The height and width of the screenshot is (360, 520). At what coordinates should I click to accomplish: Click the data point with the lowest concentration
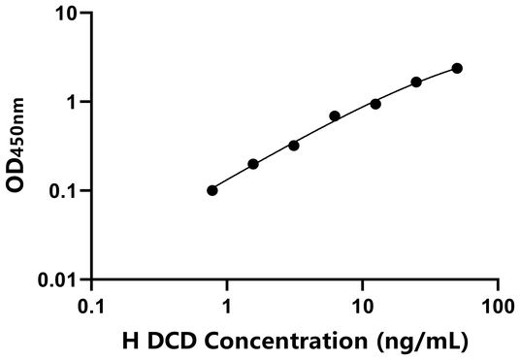point(212,190)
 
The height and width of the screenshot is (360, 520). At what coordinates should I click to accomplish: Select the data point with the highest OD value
point(457,68)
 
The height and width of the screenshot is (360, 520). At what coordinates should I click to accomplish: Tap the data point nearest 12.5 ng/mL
point(375,104)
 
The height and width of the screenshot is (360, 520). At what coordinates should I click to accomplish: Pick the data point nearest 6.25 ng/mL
point(335,116)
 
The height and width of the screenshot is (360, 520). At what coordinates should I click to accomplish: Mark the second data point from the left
point(253,164)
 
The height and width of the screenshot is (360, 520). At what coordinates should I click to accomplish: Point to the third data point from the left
point(294,145)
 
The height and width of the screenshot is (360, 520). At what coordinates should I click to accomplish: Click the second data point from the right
point(416,82)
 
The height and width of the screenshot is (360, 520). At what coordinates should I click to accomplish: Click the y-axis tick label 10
point(67,14)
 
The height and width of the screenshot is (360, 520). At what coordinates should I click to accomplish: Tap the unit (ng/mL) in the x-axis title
point(418,341)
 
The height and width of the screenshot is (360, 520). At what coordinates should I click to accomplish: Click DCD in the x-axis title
point(168,341)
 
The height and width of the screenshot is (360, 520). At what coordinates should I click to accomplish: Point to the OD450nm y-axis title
point(18,147)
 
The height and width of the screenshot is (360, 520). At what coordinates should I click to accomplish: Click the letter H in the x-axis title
point(131,341)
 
